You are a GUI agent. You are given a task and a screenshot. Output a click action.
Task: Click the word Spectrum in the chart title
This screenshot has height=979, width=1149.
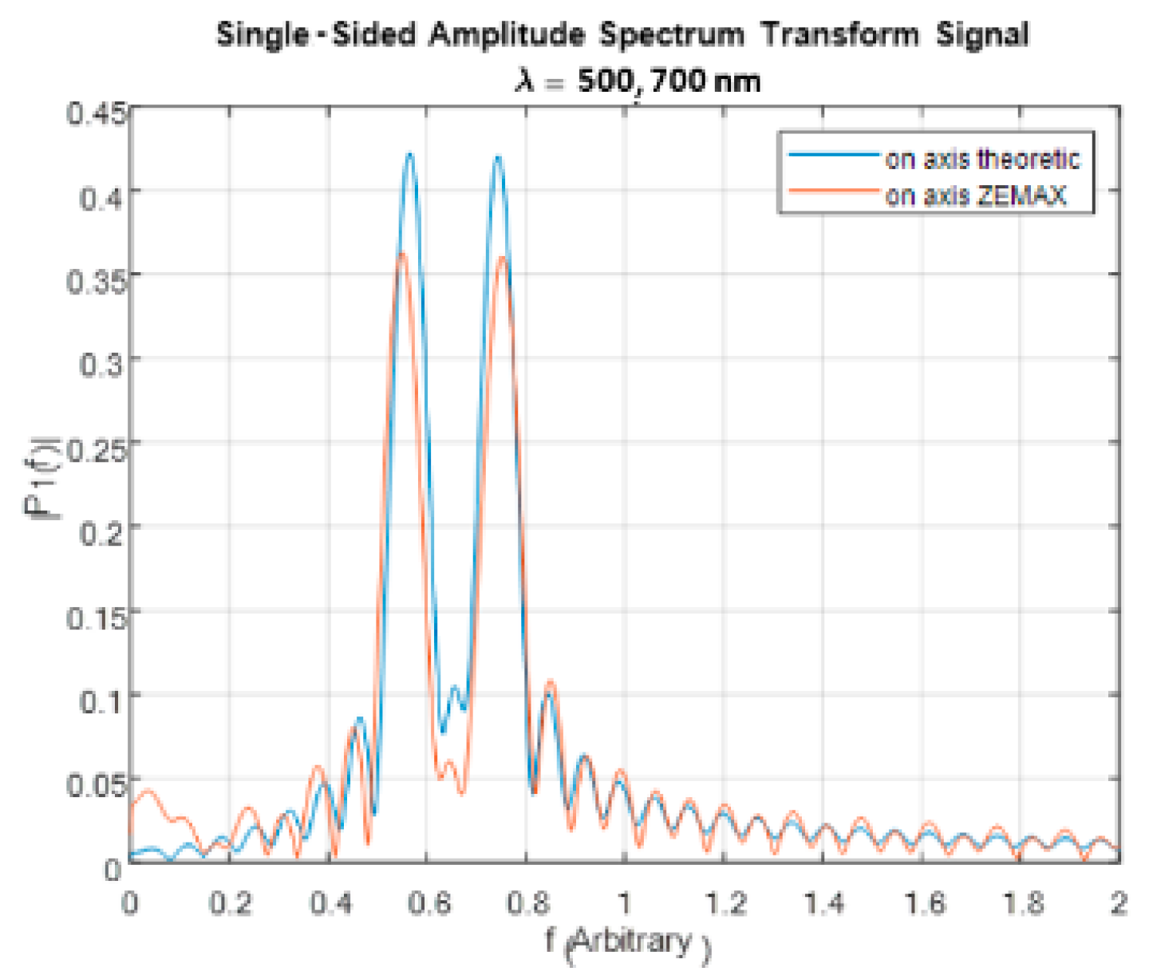click(x=671, y=35)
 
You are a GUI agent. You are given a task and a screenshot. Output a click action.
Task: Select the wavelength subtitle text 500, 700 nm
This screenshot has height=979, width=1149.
click(x=669, y=81)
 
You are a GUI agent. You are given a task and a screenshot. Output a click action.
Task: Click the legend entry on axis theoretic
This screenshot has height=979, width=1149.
click(x=981, y=159)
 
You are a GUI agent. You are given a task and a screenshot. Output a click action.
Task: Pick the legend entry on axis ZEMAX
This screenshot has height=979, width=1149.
click(x=975, y=195)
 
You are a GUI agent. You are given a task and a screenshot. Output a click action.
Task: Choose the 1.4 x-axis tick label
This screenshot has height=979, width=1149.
click(x=823, y=903)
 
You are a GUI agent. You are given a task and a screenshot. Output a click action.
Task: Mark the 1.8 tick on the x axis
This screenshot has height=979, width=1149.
click(x=1022, y=903)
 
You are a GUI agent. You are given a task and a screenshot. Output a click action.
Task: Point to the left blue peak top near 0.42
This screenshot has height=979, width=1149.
click(x=410, y=154)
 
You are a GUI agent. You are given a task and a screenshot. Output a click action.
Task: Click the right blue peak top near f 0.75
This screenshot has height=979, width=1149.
click(x=498, y=156)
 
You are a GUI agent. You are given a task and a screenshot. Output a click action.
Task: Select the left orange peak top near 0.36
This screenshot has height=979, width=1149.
click(x=402, y=254)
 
